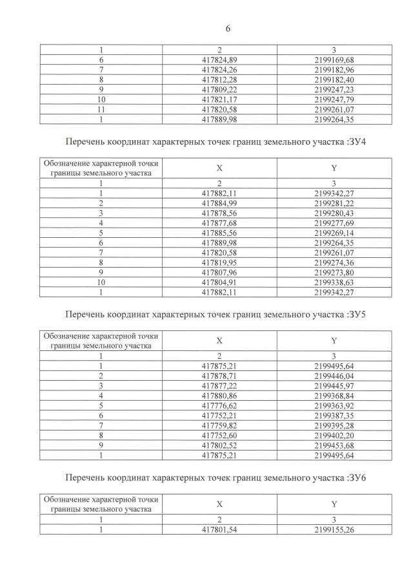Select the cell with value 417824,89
click(x=219, y=59)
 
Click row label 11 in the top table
click(x=101, y=110)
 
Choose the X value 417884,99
click(x=219, y=203)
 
